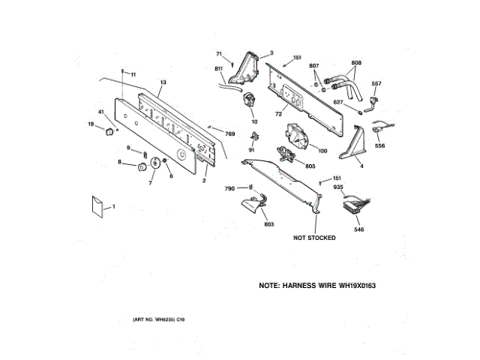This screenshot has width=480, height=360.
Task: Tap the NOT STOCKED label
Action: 314,238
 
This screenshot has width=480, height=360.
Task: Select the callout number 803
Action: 269,224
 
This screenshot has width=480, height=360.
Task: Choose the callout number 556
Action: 380,145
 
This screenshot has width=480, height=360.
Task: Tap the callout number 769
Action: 229,133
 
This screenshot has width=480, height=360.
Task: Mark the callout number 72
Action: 277,114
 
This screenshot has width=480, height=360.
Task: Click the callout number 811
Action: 219,69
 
